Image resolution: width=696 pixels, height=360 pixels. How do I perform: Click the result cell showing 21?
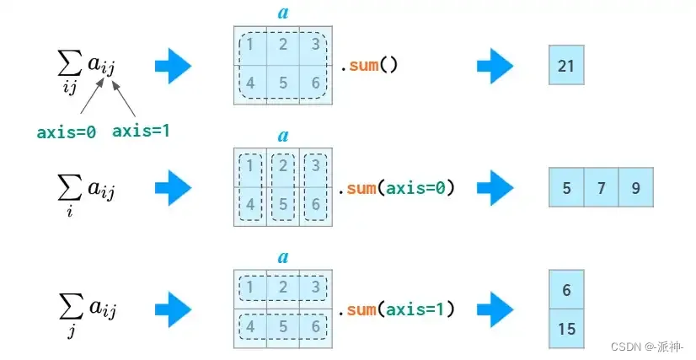tap(565, 66)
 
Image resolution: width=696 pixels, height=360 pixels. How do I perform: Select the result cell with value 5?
tap(566, 188)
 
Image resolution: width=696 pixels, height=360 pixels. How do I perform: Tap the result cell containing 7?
tap(601, 188)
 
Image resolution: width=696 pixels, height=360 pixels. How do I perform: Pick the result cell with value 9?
tap(635, 188)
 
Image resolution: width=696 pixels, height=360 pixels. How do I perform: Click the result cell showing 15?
tap(566, 329)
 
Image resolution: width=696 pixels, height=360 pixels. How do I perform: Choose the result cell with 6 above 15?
tap(566, 290)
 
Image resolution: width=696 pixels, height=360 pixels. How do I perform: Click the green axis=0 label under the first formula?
tap(66, 132)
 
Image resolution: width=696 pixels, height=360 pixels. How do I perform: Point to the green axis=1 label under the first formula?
tap(141, 131)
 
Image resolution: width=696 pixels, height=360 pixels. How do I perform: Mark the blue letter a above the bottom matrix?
tap(283, 256)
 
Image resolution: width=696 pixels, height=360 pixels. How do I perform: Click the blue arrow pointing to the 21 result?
tap(495, 66)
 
